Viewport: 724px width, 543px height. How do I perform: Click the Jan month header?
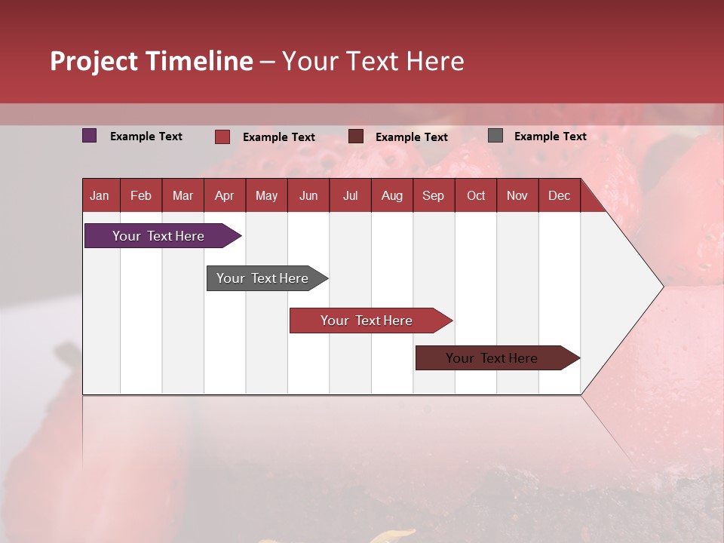coord(100,195)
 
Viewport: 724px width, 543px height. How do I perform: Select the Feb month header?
coord(141,195)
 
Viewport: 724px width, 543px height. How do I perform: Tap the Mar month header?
coord(183,195)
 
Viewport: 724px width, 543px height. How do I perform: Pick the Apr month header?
coord(224,195)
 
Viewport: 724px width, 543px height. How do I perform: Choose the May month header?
coord(266,195)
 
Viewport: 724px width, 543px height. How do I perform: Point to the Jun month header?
coord(308,195)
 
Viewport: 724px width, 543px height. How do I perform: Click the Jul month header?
coord(350,195)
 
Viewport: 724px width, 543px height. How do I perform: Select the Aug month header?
coord(391,195)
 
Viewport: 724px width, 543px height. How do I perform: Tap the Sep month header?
coord(433,195)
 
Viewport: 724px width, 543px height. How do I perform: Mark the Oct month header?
coord(476,195)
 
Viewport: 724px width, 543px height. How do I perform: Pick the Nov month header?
coord(517,195)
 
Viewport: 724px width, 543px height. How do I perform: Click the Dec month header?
coord(559,195)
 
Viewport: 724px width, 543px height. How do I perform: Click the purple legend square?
coord(90,136)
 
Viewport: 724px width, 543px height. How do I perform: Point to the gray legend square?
coord(495,136)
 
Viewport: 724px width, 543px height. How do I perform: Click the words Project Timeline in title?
coord(152,61)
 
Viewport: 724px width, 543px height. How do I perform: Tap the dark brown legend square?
coord(356,137)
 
